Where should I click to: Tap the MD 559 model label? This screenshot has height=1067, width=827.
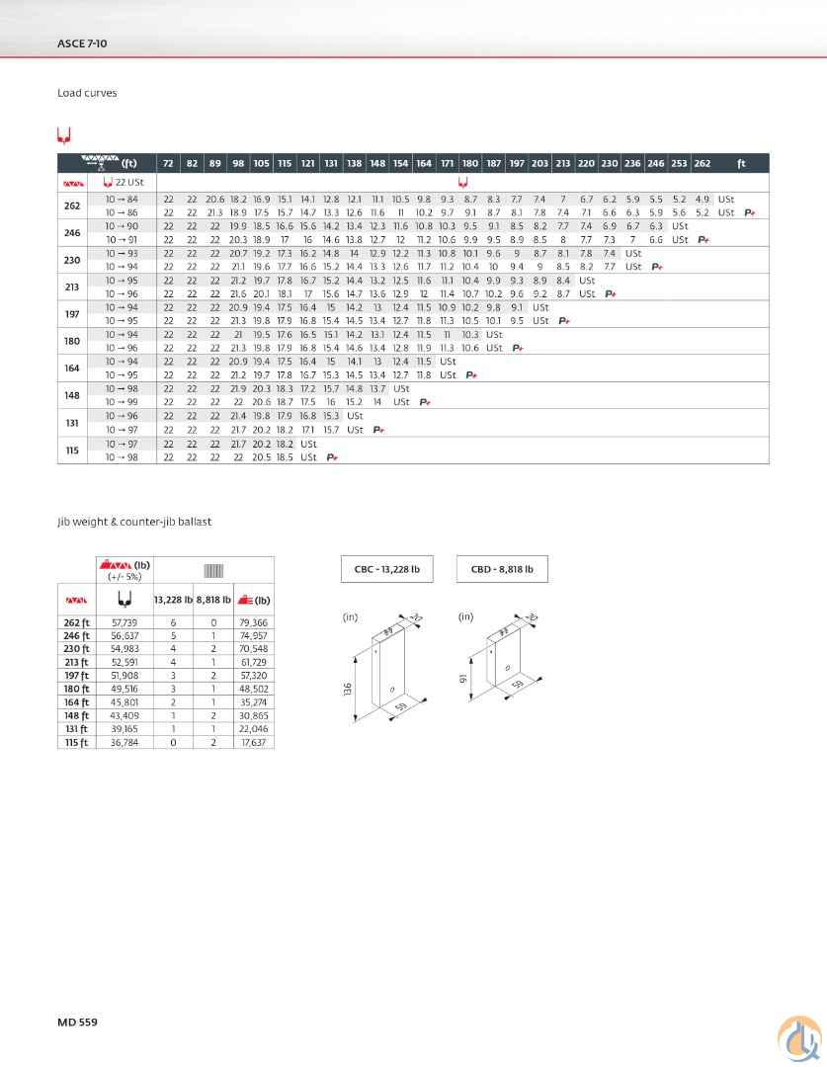(77, 1021)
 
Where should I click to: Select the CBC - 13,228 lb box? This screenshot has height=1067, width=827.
(387, 569)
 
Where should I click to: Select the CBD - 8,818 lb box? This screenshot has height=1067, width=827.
(502, 569)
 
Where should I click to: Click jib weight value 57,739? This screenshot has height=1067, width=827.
(124, 624)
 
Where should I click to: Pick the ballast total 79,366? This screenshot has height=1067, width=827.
(254, 624)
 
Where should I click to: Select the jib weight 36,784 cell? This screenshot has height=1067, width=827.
(124, 742)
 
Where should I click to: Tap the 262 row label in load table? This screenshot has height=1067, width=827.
(72, 205)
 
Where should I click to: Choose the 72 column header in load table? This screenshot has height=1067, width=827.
(168, 163)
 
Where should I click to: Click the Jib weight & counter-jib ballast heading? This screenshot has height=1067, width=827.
(134, 521)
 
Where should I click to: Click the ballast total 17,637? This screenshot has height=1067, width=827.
(254, 742)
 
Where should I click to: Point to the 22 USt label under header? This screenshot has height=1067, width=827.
(128, 183)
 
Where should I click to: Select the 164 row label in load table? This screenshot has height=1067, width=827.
(72, 368)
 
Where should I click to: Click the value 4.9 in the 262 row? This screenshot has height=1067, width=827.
(703, 200)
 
